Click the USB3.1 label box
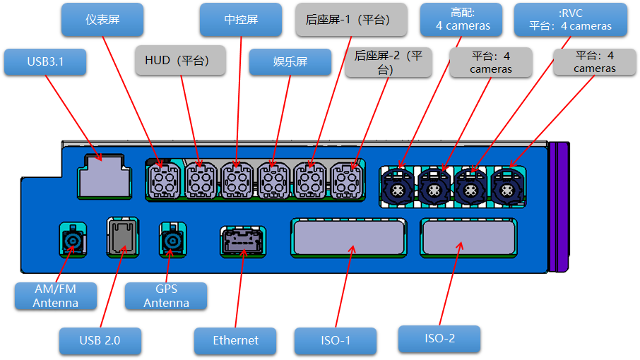tap(45, 62)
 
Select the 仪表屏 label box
tap(103, 20)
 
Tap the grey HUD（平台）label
tap(180, 61)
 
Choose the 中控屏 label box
tap(241, 20)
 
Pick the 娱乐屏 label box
tap(290, 62)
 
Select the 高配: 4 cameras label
tap(460, 20)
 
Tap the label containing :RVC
tap(570, 20)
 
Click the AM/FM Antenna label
tap(56, 296)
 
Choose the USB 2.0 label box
tap(100, 340)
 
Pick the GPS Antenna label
tap(166, 296)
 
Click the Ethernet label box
tap(236, 340)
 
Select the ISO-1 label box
tap(336, 341)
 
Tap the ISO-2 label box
tap(439, 339)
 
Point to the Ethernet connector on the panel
tap(242, 242)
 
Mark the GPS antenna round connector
tap(172, 242)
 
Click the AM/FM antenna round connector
tap(72, 242)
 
